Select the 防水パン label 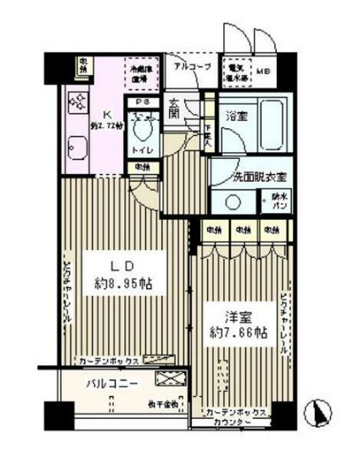point(278,201)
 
